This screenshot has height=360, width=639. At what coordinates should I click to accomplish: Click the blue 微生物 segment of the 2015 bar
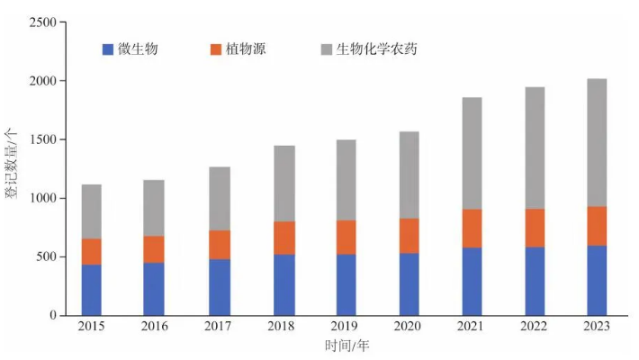[91, 289]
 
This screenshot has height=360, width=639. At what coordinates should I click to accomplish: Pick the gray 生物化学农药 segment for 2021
[472, 153]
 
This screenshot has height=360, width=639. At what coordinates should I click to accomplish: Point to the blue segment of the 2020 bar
[409, 283]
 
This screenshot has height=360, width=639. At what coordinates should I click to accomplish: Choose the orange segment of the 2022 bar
[535, 228]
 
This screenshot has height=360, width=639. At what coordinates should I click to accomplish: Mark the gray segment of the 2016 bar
[154, 208]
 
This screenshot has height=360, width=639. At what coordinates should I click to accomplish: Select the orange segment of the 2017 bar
[218, 245]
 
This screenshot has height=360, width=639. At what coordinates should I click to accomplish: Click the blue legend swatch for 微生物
[108, 49]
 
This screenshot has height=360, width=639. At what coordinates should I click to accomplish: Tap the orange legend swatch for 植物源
[215, 49]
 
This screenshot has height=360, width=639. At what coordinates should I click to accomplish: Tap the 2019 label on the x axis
[345, 327]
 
